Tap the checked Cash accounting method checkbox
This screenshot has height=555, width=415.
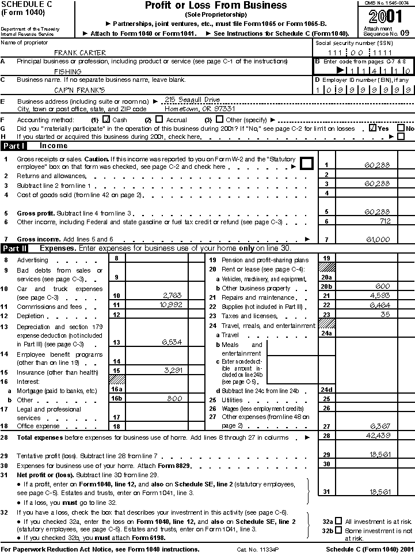106,119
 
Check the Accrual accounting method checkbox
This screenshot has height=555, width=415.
159,119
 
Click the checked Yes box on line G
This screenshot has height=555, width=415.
373,128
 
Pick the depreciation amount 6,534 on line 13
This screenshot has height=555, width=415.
172,342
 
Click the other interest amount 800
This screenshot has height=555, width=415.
174,398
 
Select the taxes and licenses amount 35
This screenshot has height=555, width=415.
385,315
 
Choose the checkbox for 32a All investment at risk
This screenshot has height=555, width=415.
338,520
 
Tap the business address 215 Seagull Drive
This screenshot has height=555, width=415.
192,100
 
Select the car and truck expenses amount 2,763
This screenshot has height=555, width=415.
171,296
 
